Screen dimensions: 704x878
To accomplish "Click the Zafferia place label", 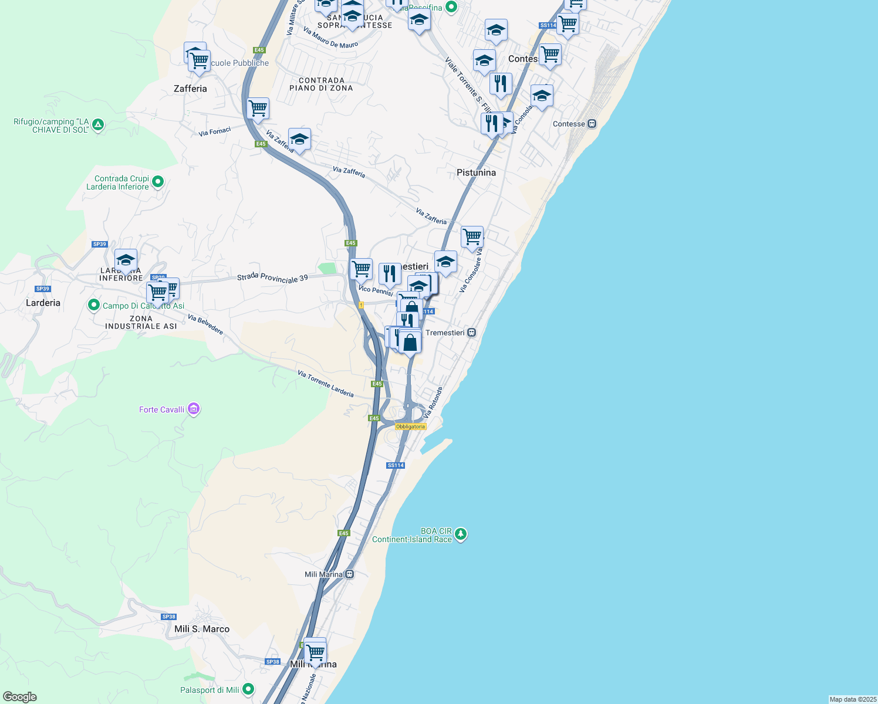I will click(x=190, y=89).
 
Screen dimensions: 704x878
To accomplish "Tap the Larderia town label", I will click(x=43, y=303).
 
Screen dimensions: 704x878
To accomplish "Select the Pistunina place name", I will click(x=476, y=172).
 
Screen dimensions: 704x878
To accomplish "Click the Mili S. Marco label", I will click(x=202, y=629).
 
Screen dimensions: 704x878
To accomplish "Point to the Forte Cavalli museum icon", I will click(x=194, y=409).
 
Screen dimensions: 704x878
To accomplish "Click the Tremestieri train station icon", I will click(x=471, y=333).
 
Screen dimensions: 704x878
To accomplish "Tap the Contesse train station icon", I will click(x=592, y=124).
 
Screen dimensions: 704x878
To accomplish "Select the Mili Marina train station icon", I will click(x=349, y=574).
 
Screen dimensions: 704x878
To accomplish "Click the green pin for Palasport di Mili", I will click(x=248, y=689).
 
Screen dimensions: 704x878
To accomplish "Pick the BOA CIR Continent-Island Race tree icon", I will click(x=461, y=534).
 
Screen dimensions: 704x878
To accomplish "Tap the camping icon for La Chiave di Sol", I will click(x=98, y=125).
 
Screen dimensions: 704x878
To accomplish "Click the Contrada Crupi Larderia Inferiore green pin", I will click(x=157, y=182).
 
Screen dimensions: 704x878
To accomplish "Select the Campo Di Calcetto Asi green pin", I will click(x=93, y=305).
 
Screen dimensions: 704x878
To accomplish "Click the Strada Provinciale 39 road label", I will click(x=272, y=278).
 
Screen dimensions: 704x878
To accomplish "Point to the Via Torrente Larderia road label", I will click(x=325, y=384).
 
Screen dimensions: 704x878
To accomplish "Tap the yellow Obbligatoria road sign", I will click(x=410, y=427).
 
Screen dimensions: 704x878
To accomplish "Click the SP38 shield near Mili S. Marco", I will click(x=168, y=617).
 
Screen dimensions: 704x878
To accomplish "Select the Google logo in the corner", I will click(x=20, y=696).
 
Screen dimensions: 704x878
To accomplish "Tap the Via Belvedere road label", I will click(x=205, y=324).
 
